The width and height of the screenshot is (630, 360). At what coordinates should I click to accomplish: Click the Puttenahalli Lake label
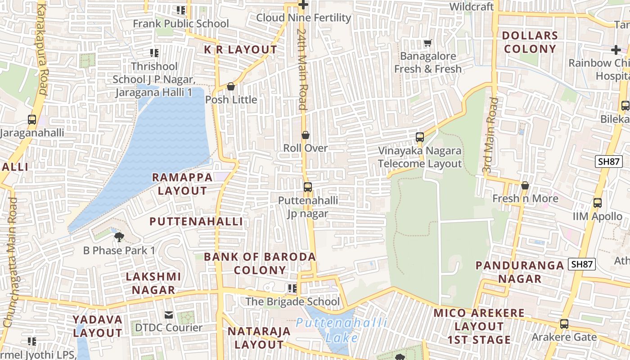[342, 330]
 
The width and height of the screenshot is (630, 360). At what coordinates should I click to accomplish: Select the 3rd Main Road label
[490, 135]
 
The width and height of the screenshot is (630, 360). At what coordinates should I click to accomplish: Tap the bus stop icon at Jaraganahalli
[32, 120]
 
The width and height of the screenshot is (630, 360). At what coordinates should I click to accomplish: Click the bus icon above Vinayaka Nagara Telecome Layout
[420, 137]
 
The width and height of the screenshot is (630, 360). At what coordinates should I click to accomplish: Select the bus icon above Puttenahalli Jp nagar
[308, 187]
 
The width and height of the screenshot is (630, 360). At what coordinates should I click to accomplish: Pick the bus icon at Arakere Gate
[564, 324]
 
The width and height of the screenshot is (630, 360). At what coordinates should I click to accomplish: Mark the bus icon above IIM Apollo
[598, 203]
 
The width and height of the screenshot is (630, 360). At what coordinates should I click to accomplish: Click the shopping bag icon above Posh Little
[231, 86]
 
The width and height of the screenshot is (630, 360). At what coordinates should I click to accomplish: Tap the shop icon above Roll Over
[306, 135]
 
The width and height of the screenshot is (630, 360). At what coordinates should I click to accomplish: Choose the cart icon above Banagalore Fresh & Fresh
[427, 43]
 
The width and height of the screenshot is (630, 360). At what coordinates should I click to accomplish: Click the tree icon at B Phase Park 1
[119, 237]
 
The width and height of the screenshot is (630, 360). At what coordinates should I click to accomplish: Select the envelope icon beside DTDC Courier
[169, 315]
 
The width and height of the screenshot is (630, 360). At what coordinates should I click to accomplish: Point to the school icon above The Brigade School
[292, 288]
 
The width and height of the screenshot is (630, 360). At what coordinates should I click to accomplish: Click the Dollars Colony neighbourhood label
[530, 42]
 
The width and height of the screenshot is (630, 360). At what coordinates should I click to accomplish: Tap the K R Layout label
[241, 50]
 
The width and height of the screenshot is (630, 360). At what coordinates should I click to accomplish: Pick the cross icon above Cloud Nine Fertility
[304, 5]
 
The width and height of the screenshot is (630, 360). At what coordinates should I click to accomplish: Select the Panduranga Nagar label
[520, 272]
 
